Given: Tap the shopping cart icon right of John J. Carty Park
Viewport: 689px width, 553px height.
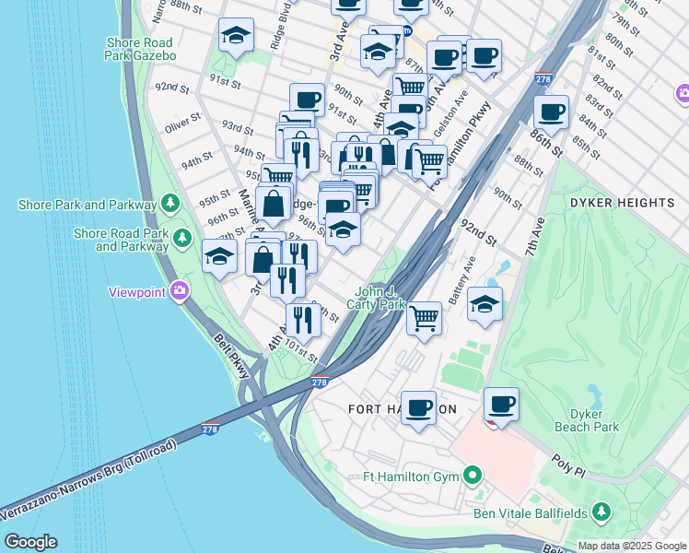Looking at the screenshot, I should pyautogui.click(x=424, y=318).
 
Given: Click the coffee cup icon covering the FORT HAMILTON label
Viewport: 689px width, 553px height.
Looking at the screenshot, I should pyautogui.click(x=418, y=406).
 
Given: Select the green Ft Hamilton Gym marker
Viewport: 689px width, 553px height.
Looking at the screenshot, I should pyautogui.click(x=473, y=477).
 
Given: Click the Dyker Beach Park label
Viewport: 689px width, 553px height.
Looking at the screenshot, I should pyautogui.click(x=587, y=420).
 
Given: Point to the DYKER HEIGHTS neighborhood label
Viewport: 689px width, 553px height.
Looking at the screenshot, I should pyautogui.click(x=622, y=202).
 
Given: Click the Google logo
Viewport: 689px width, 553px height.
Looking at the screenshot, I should pyautogui.click(x=30, y=542).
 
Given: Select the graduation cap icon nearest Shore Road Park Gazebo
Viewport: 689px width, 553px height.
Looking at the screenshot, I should pyautogui.click(x=236, y=36).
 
